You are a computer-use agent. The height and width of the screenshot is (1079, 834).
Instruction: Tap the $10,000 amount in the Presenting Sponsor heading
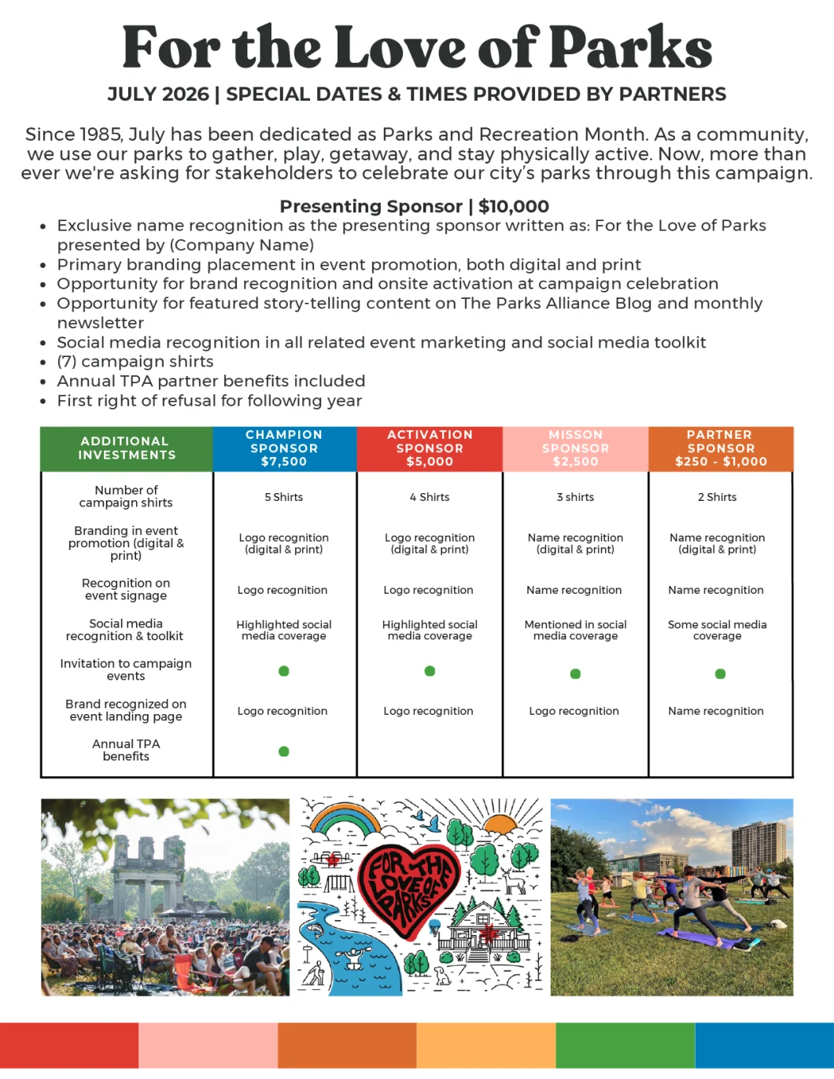513,207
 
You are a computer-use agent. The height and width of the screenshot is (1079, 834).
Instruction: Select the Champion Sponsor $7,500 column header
284,448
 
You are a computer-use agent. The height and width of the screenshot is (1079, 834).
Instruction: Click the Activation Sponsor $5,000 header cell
430,448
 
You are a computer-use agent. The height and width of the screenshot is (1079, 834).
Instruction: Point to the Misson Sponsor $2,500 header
575,448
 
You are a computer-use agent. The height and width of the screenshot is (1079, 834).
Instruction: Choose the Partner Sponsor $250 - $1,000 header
721,448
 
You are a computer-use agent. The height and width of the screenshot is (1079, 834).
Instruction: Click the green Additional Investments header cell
126,448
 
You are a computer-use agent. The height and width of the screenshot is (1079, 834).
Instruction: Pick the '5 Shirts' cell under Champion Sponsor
284,497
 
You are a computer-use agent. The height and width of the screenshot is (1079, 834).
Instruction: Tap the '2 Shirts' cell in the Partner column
717,497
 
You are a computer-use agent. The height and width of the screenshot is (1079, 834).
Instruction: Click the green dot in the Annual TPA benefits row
284,751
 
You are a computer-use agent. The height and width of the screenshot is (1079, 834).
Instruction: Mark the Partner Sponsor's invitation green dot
720,674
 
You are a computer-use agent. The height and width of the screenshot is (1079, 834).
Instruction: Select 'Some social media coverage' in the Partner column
717,630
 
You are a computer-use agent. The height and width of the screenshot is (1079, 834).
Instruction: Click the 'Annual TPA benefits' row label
126,750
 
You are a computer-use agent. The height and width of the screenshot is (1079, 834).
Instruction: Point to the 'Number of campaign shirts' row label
126,496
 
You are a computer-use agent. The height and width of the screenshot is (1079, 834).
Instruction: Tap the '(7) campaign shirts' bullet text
135,362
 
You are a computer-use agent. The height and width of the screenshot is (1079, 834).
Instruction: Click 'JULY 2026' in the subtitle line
158,94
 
